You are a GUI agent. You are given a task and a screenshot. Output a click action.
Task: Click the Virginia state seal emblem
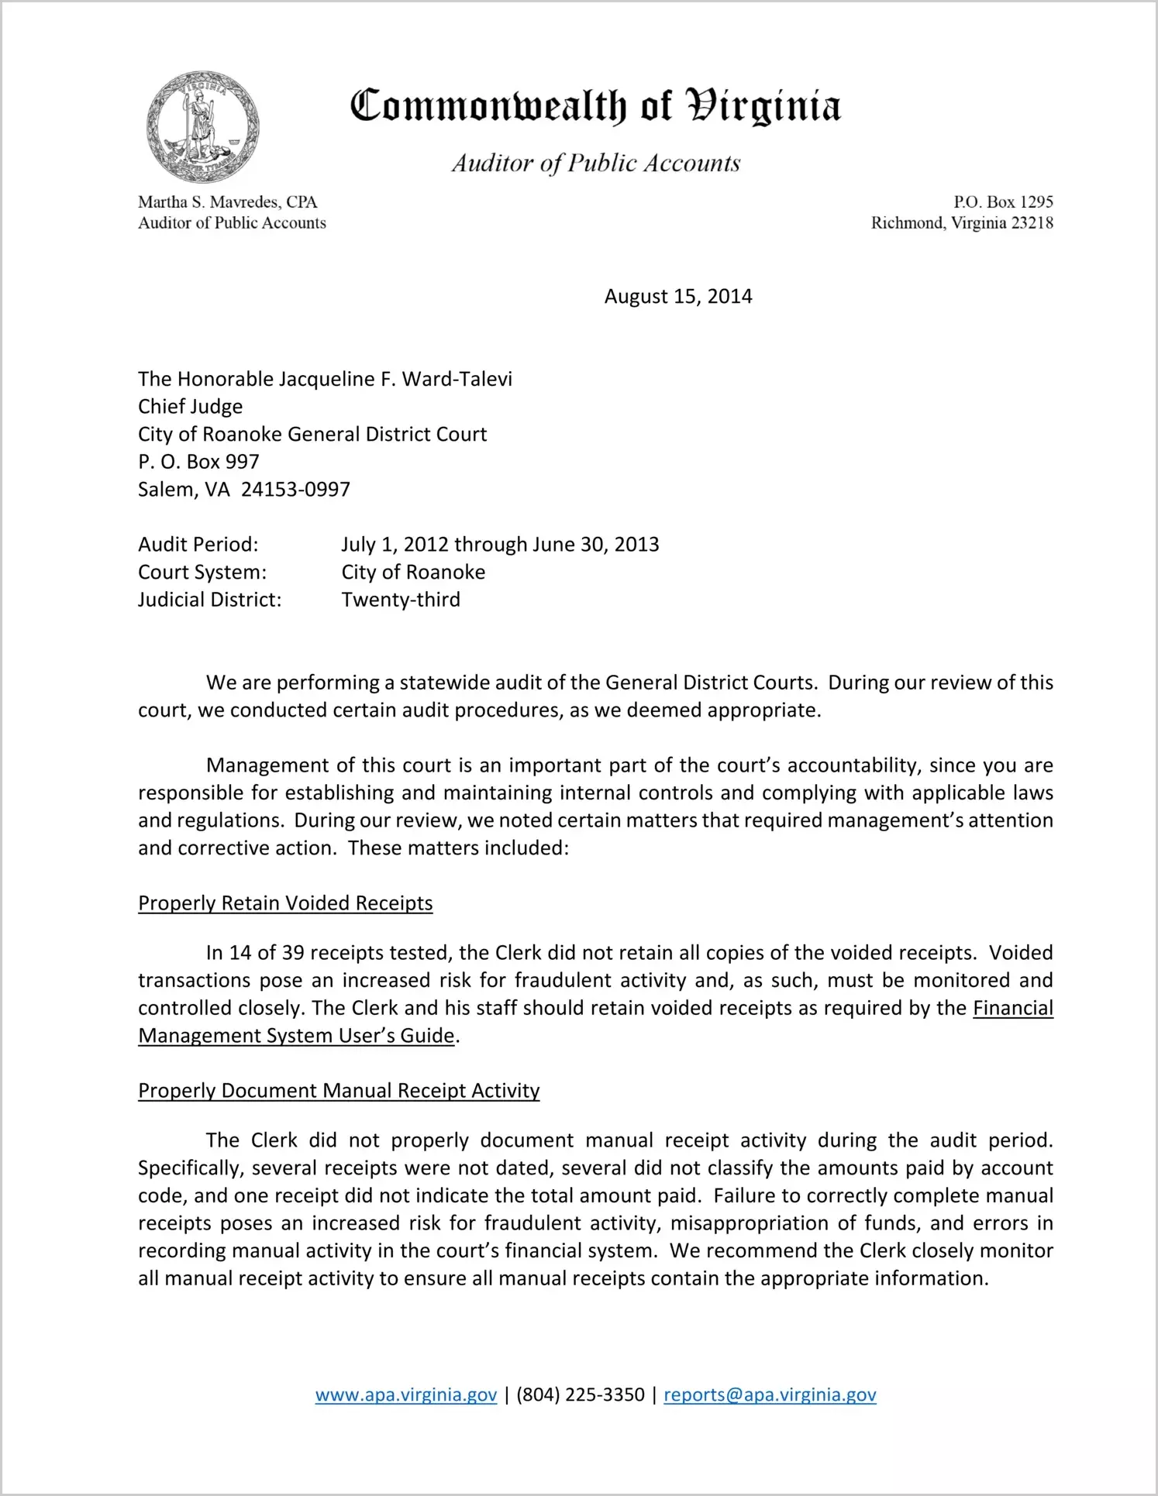203,126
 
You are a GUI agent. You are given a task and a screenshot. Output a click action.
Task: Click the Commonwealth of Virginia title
595,106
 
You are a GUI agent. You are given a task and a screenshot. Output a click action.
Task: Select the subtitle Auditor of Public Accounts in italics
596,163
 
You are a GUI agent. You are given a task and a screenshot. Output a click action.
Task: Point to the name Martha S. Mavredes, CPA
228,202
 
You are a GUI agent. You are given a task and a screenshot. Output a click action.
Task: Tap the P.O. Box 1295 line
1003,202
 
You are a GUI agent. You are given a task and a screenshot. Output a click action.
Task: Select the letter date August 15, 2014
678,297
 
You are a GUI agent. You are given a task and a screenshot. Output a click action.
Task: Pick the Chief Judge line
190,407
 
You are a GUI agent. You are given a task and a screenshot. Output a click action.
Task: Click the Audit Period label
198,545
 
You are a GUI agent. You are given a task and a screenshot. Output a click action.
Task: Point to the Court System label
202,573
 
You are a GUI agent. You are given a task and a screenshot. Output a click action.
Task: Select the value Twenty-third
401,600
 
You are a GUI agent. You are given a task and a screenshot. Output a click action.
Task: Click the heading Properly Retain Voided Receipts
285,903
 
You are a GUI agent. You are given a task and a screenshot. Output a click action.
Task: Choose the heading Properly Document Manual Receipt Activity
339,1091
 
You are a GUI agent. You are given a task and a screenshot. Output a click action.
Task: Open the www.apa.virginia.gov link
406,1395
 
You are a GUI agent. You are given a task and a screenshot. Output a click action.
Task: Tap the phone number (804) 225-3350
581,1395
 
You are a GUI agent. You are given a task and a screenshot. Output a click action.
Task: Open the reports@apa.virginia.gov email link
770,1395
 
